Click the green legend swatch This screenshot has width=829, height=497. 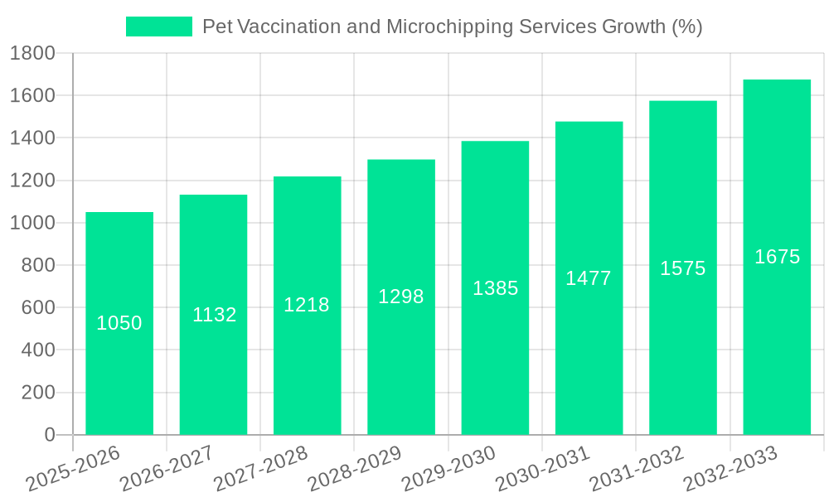pyautogui.click(x=158, y=27)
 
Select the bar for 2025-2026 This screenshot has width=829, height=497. pyautogui.click(x=119, y=323)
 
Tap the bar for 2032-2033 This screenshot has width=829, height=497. pyautogui.click(x=777, y=257)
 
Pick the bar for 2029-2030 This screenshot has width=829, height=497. pyautogui.click(x=495, y=287)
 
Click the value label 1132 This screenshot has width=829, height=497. pyautogui.click(x=214, y=315)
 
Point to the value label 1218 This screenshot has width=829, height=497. pyautogui.click(x=307, y=305)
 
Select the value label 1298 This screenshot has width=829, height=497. pyautogui.click(x=401, y=297)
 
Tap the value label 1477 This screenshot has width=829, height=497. pyautogui.click(x=589, y=278)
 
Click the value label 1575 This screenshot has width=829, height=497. pyautogui.click(x=682, y=268)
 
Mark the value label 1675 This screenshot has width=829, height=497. pyautogui.click(x=777, y=257)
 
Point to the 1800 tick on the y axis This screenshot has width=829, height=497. pyautogui.click(x=32, y=54)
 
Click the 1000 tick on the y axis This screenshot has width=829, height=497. pyautogui.click(x=32, y=223)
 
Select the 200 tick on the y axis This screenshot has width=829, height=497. pyautogui.click(x=38, y=393)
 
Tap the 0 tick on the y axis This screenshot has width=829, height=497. pyautogui.click(x=50, y=435)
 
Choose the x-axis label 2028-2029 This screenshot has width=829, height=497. pyautogui.click(x=355, y=469)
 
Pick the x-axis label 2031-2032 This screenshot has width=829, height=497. pyautogui.click(x=637, y=469)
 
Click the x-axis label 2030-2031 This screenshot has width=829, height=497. pyautogui.click(x=543, y=469)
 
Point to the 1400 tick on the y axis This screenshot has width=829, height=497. pyautogui.click(x=32, y=138)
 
